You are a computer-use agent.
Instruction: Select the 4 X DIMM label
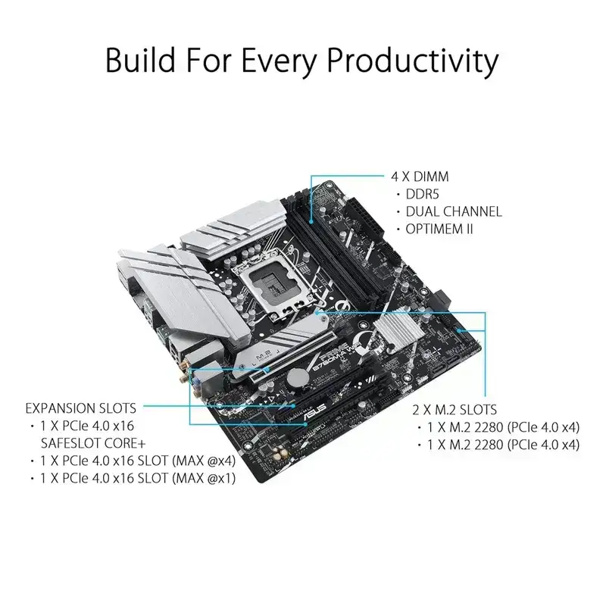(x=416, y=176)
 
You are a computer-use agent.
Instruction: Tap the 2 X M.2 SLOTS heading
(x=454, y=411)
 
